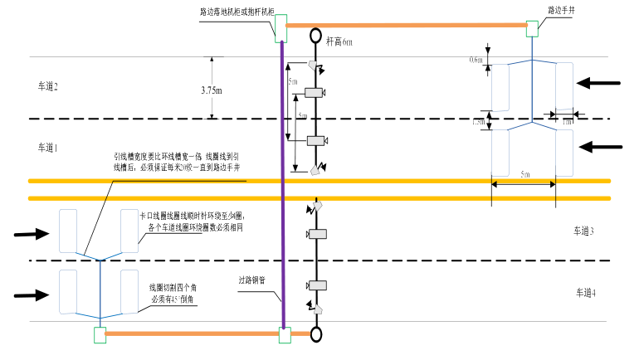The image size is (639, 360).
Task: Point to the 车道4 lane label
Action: pyautogui.click(x=590, y=292)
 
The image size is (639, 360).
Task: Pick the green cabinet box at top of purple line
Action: pyautogui.click(x=280, y=27)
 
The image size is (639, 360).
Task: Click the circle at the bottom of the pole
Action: pyautogui.click(x=316, y=334)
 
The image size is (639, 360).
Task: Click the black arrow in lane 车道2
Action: pyautogui.click(x=598, y=83)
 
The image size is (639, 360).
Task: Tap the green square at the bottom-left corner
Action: pyautogui.click(x=100, y=334)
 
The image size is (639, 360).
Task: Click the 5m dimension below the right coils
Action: pyautogui.click(x=524, y=176)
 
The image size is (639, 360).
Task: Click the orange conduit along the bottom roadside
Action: pyautogui.click(x=191, y=334)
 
